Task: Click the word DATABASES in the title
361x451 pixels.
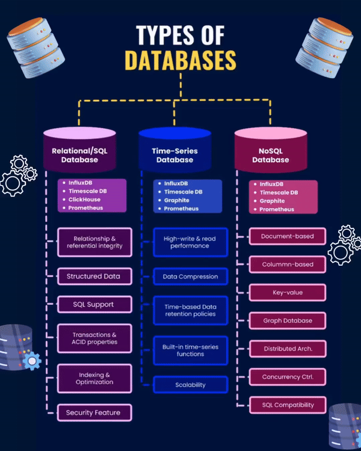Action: [180, 60]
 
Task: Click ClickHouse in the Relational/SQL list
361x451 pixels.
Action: [85, 199]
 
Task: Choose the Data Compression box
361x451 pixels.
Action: [190, 277]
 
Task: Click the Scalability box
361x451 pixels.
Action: [190, 385]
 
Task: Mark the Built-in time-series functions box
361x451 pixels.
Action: [190, 351]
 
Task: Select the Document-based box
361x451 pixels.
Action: [287, 236]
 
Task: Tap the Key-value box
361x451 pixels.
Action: [287, 292]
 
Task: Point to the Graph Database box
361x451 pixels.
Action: [287, 321]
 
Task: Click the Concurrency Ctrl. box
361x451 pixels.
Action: [287, 377]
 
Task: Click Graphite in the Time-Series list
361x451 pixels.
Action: [177, 200]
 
